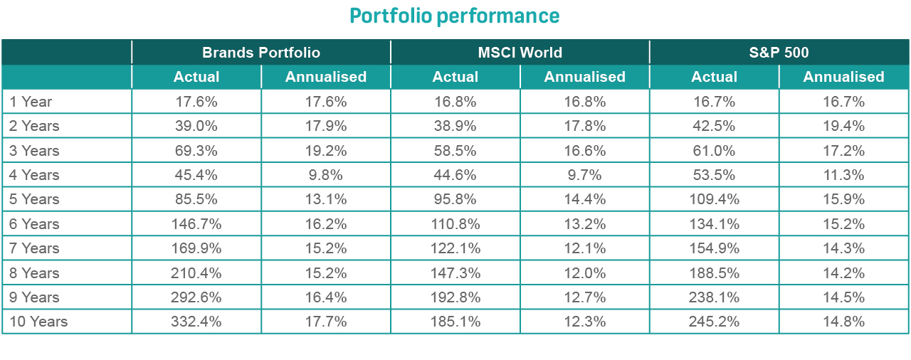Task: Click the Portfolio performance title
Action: (454, 16)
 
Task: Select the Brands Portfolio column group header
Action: (261, 53)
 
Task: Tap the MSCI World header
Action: (520, 53)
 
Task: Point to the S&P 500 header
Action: (779, 53)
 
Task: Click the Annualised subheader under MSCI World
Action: (584, 77)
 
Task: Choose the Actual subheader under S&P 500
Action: (715, 77)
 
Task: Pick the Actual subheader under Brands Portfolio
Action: (196, 77)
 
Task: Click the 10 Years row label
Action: (38, 322)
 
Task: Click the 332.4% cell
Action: (196, 322)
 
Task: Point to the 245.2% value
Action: (715, 322)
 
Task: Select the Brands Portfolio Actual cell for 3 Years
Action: (196, 151)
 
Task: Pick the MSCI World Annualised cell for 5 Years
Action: (584, 199)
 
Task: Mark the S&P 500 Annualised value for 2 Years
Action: (843, 126)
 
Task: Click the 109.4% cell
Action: (715, 199)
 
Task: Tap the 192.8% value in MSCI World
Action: (455, 297)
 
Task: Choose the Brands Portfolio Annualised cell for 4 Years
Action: (326, 175)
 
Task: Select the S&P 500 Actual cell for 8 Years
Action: (715, 273)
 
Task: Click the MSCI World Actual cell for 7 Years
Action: (455, 248)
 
